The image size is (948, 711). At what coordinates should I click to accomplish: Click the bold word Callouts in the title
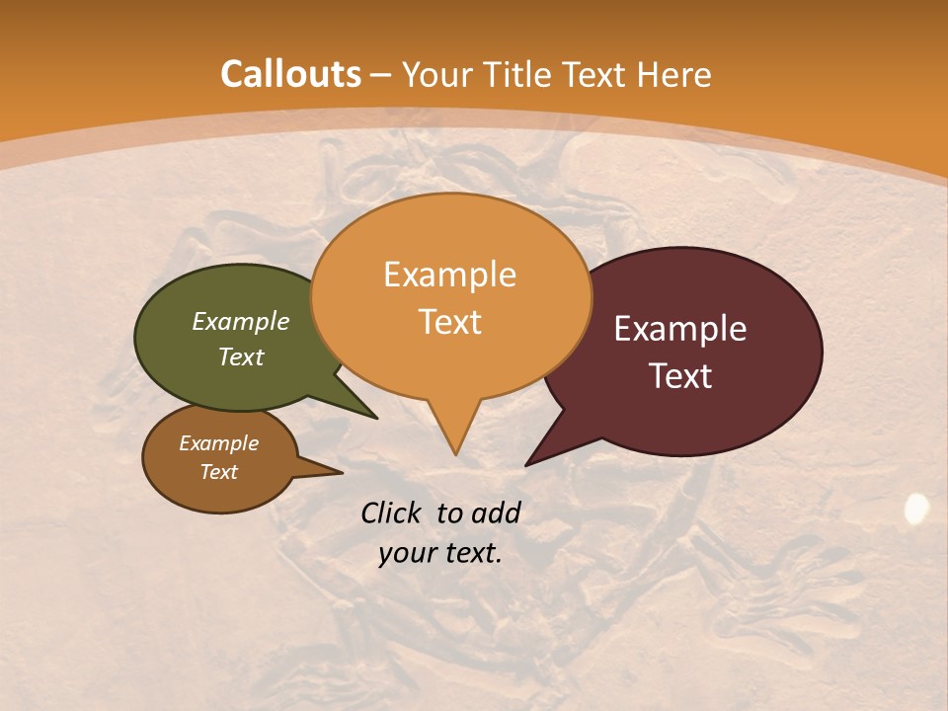click(290, 74)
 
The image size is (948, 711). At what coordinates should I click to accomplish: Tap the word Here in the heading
click(674, 74)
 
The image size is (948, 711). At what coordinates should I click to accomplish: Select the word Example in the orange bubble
click(449, 275)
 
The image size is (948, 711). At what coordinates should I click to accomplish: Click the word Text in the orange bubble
click(449, 322)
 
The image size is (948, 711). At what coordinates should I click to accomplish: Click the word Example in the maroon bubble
click(680, 329)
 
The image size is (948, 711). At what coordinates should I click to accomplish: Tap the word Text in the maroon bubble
click(681, 376)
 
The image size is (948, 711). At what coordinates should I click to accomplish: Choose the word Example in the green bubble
click(241, 322)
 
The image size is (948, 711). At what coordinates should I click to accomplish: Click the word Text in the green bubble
click(241, 357)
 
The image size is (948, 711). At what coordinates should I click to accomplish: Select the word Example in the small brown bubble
click(218, 444)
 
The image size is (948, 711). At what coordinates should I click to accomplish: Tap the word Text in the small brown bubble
click(218, 472)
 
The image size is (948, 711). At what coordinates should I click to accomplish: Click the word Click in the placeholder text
click(392, 513)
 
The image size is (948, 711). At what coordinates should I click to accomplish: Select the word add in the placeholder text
click(495, 513)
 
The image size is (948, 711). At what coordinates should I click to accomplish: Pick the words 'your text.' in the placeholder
click(440, 553)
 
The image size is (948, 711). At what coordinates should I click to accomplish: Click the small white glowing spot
click(917, 509)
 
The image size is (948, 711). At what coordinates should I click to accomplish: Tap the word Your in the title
click(435, 74)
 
